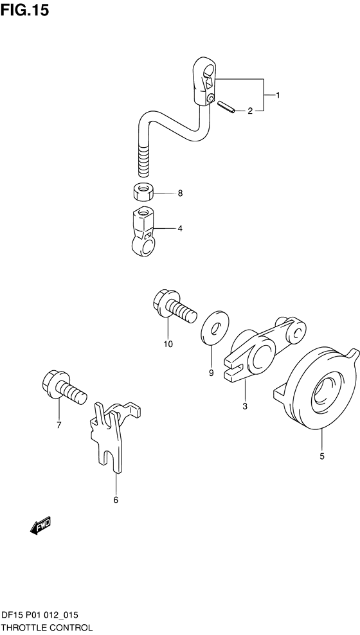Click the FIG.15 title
[24, 10]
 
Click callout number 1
[278, 95]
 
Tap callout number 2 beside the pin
[250, 111]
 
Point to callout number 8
[180, 193]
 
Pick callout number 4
[180, 229]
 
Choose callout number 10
[168, 344]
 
